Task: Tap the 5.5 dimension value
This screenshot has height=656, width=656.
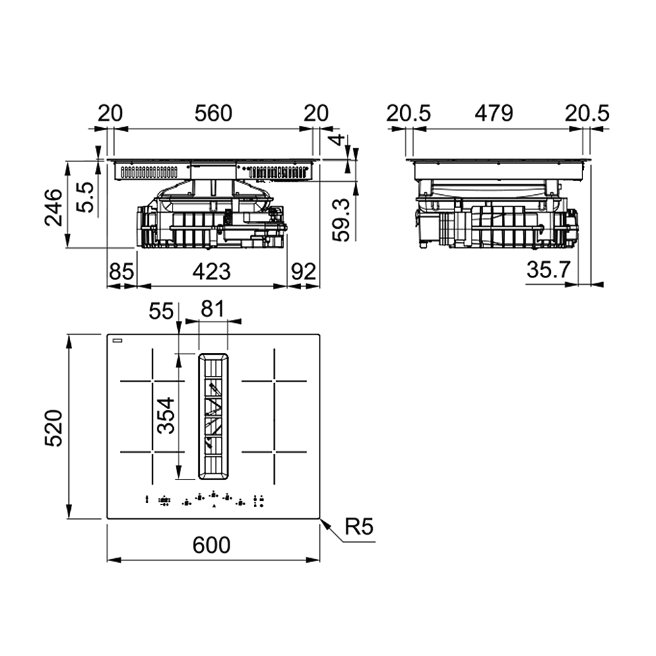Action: (85, 197)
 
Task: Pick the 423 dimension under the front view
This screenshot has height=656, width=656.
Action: (211, 270)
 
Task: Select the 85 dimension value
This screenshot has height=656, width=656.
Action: (121, 270)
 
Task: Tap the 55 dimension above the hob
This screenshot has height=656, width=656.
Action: (160, 310)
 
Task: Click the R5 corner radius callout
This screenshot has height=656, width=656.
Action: (359, 527)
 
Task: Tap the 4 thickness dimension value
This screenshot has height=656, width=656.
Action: (338, 140)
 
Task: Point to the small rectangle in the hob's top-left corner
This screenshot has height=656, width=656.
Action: (117, 340)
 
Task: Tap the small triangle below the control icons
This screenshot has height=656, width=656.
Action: (214, 507)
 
